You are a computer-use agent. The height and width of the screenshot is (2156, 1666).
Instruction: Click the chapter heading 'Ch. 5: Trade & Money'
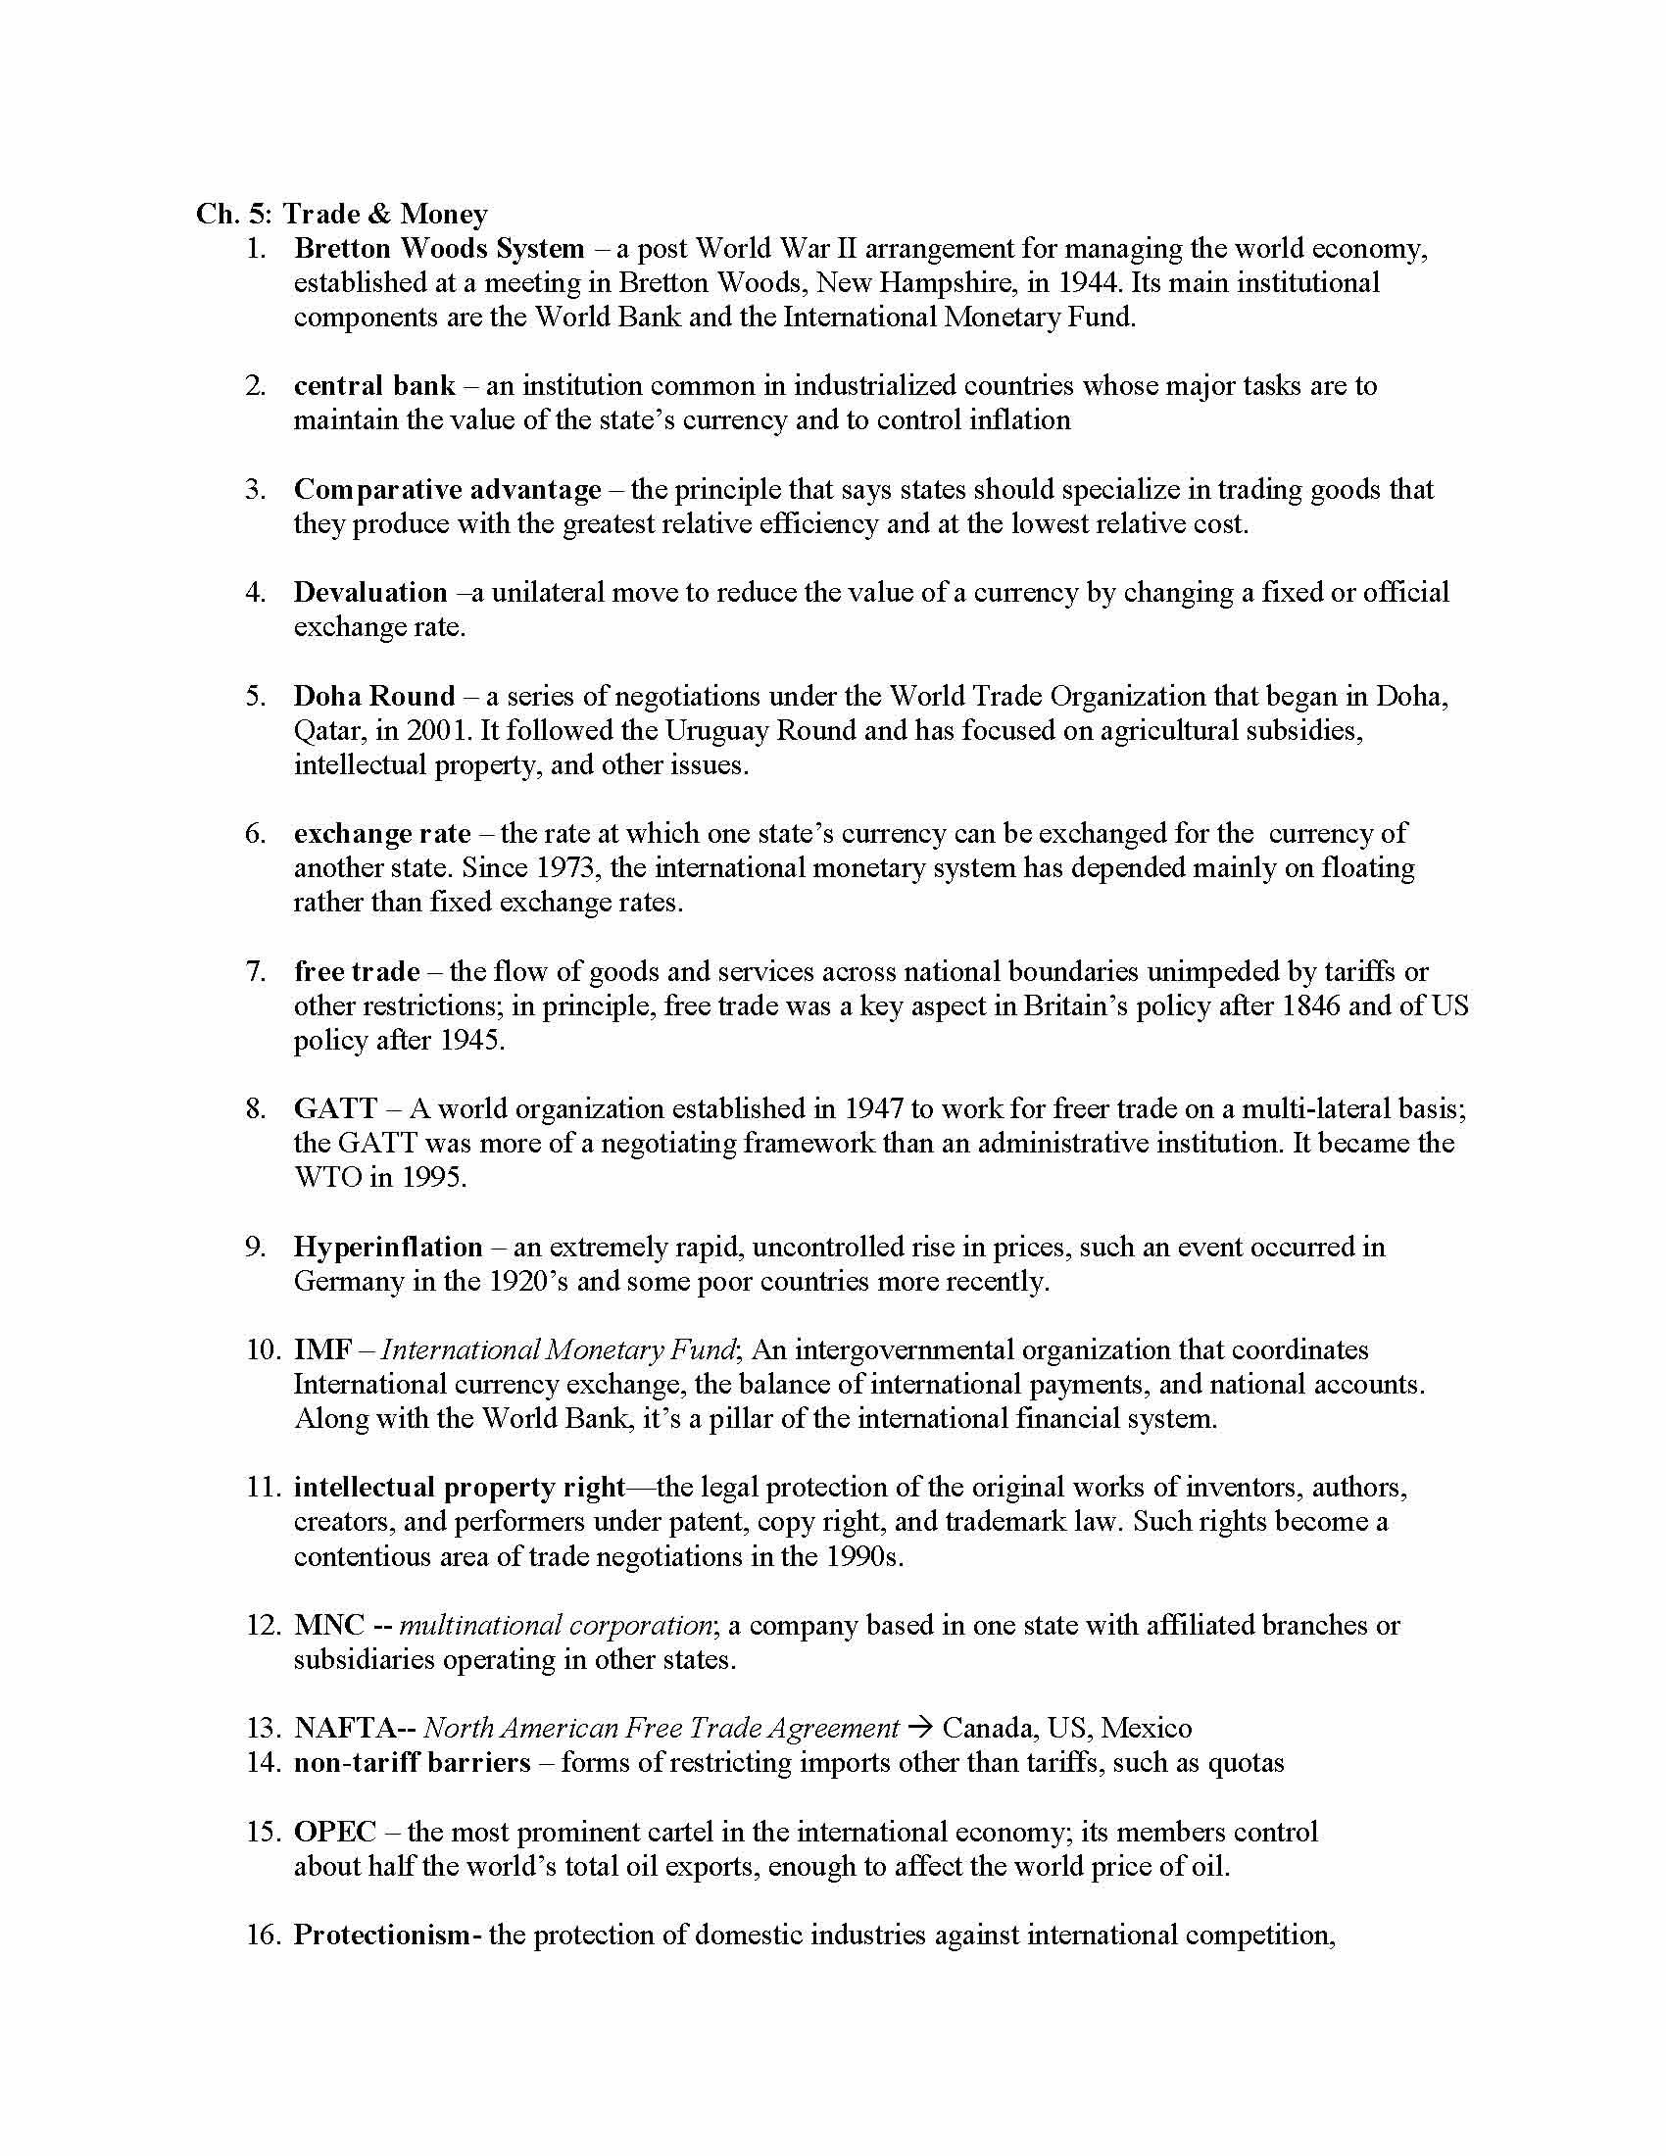(341, 215)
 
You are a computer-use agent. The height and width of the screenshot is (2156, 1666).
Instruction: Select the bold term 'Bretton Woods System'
(438, 249)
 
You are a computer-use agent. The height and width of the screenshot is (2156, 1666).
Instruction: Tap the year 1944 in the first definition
(1089, 283)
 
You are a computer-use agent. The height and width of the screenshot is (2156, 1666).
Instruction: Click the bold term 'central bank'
(374, 386)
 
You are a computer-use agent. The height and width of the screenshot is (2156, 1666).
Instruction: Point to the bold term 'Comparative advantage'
(447, 490)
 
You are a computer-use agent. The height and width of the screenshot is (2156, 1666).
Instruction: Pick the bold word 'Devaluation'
(370, 592)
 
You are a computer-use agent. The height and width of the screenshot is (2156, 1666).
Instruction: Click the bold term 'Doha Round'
(374, 696)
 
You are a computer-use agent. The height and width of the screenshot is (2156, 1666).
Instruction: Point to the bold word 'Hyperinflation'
(388, 1247)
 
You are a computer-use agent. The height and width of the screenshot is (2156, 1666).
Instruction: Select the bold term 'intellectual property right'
(460, 1488)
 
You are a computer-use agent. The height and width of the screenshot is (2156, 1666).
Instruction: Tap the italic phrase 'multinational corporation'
(555, 1625)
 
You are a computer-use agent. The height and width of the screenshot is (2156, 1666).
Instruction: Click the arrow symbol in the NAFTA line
(920, 1729)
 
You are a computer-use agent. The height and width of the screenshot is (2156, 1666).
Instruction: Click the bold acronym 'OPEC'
(335, 1833)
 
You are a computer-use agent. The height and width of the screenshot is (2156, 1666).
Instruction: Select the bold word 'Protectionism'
(382, 1935)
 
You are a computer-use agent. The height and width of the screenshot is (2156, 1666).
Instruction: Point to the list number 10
(263, 1349)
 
